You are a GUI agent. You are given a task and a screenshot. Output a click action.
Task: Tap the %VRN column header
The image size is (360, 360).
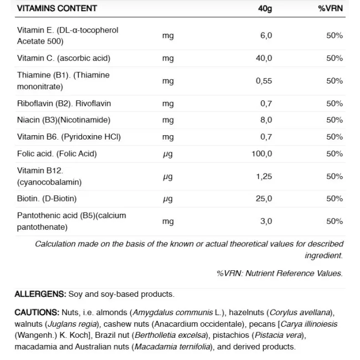tap(330, 8)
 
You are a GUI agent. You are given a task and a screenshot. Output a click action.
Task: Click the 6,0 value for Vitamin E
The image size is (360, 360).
tap(266, 35)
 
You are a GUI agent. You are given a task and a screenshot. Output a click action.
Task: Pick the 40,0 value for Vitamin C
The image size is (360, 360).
tap(264, 58)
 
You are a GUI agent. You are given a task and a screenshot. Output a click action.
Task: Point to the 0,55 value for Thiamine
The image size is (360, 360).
tap(264, 81)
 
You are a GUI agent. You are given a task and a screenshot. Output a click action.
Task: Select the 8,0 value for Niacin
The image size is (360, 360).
tap(266, 120)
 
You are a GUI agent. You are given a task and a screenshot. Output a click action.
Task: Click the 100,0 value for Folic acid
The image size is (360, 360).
tap(262, 153)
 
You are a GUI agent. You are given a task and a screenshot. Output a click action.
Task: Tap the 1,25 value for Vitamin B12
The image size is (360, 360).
tap(264, 176)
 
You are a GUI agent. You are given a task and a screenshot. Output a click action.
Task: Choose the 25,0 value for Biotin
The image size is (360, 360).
tap(264, 198)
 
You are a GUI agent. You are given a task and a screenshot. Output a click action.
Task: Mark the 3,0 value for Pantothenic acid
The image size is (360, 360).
tap(266, 221)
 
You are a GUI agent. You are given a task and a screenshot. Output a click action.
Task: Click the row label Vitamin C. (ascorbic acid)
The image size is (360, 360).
tap(64, 58)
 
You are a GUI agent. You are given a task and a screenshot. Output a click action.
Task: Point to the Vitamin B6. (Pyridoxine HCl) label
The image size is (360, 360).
tap(69, 137)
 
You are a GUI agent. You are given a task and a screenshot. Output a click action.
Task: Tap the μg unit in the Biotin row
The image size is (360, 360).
tap(168, 199)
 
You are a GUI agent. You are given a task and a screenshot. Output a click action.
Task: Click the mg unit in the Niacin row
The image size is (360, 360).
tap(168, 120)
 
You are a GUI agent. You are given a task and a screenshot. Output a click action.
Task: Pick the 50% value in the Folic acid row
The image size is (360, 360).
tap(335, 153)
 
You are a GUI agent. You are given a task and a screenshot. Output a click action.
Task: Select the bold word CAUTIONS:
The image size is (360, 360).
tap(37, 312)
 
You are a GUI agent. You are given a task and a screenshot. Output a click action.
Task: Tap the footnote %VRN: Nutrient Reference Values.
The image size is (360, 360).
tap(279, 273)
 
